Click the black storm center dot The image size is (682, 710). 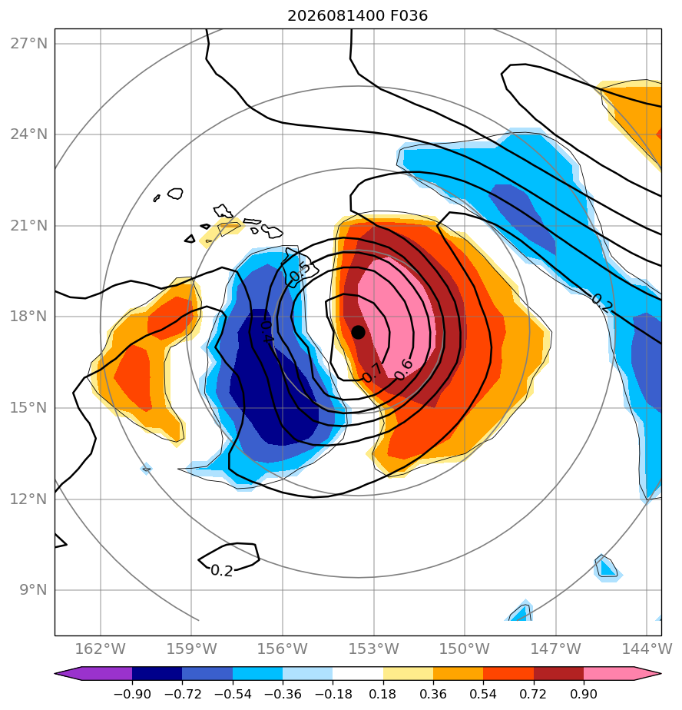tap(358, 333)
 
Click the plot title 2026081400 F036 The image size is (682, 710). tap(358, 16)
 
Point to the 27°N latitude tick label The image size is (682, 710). tap(28, 44)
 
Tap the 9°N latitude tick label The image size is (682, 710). tap(33, 590)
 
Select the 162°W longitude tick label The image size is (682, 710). tap(100, 649)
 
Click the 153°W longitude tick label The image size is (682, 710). tap(373, 649)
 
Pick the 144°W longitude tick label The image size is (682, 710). tap(647, 649)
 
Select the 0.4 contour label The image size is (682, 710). tap(267, 331)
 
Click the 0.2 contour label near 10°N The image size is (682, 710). tap(222, 570)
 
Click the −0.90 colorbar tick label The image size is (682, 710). tap(132, 694)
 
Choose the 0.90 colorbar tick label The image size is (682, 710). tap(584, 694)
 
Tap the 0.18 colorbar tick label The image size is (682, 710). tap(383, 694)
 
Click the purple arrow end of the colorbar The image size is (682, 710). tap(93, 673)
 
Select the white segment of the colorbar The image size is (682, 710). tap(358, 673)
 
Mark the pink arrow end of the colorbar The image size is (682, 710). tap(623, 673)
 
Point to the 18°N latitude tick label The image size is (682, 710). tap(28, 316)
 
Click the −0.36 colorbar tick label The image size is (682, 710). tap(283, 694)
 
